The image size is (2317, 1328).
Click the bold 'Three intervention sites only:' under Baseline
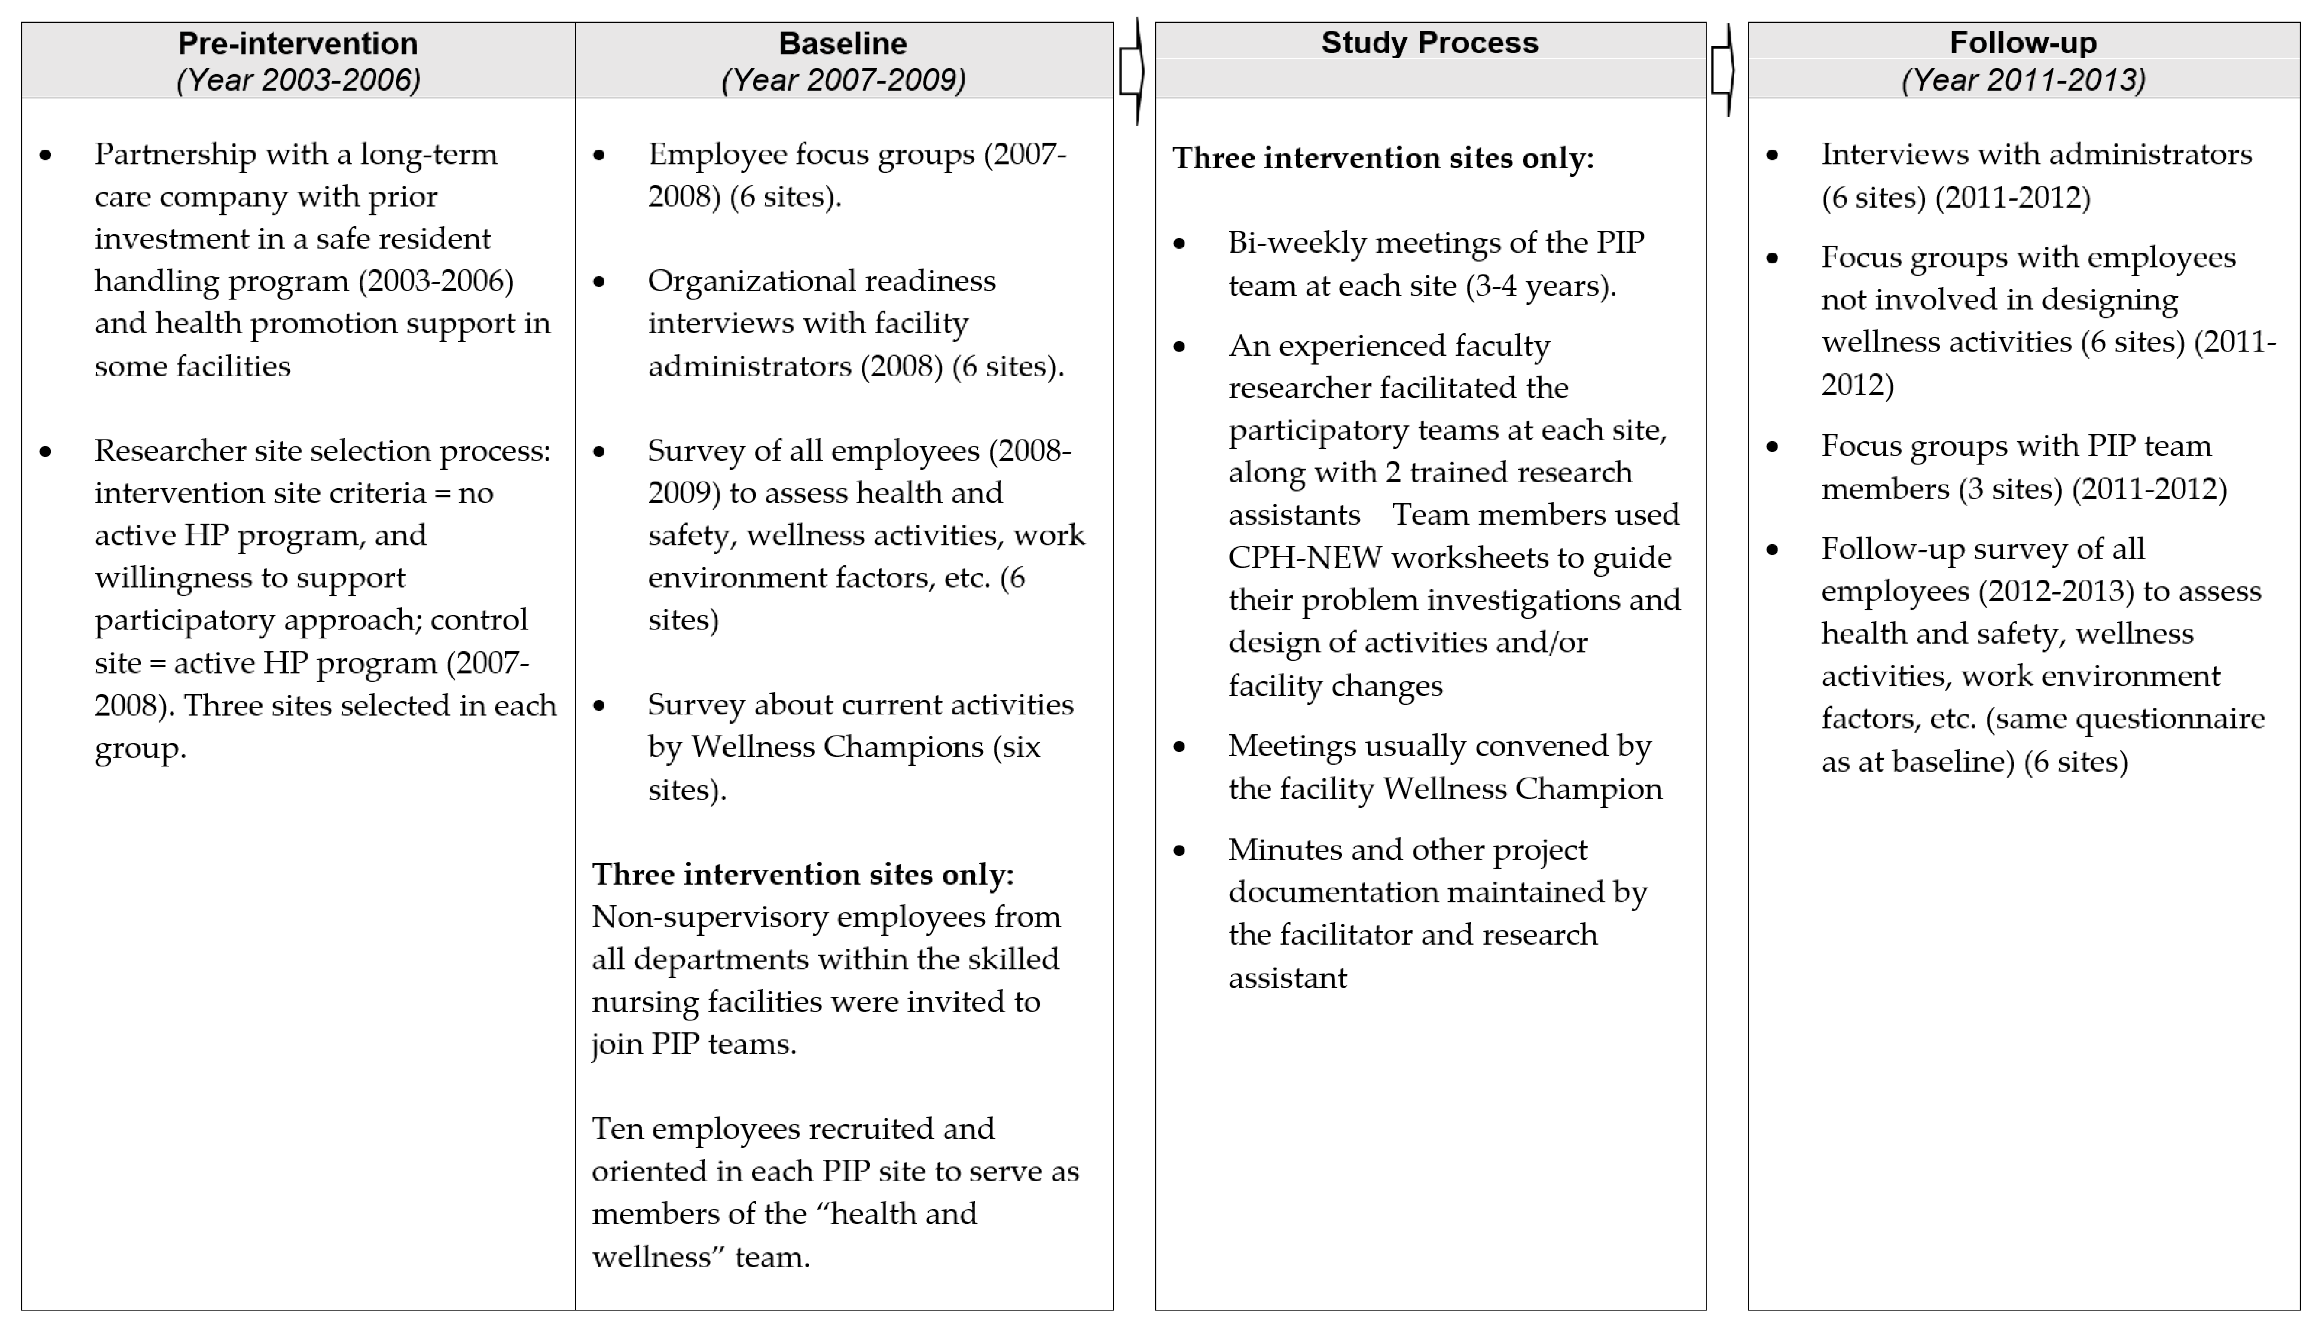(x=803, y=874)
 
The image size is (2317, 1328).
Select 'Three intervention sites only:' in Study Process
(x=1383, y=158)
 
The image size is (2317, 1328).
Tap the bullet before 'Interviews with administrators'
(x=1772, y=155)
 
